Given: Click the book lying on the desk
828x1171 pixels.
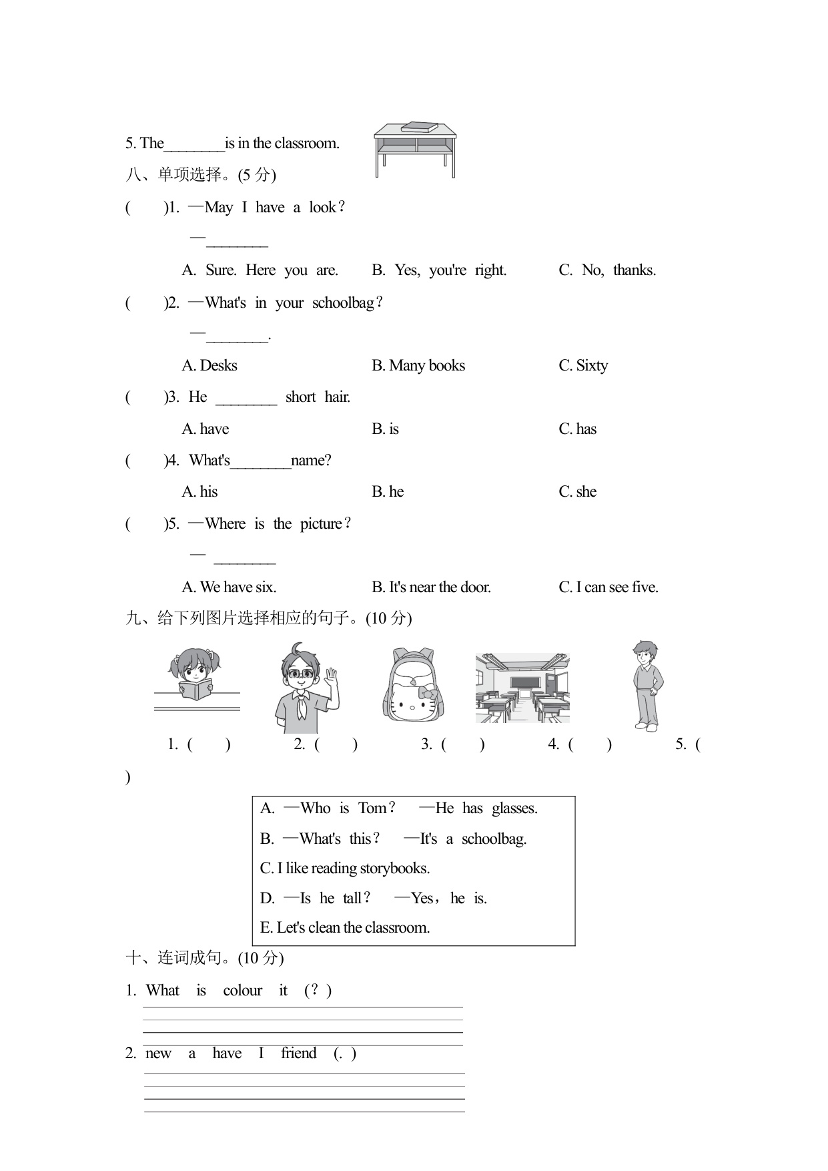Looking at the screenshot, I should pyautogui.click(x=419, y=127).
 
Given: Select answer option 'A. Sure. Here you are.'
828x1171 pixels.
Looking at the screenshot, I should pyautogui.click(x=260, y=270).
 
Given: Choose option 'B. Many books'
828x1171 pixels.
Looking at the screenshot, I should pyautogui.click(x=418, y=366).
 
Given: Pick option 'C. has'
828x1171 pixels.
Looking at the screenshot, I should pyautogui.click(x=578, y=429).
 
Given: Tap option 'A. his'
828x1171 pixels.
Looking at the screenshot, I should pyautogui.click(x=200, y=492).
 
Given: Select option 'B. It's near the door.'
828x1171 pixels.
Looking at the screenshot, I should pyautogui.click(x=431, y=588).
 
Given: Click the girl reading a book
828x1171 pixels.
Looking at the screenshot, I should pyautogui.click(x=195, y=674).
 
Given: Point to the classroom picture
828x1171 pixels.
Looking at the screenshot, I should pyautogui.click(x=522, y=688).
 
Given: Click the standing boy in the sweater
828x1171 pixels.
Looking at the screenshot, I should pyautogui.click(x=646, y=685).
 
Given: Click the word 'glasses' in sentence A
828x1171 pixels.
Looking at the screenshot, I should pyautogui.click(x=514, y=808).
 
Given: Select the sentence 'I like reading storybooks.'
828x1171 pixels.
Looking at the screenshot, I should pyautogui.click(x=345, y=869).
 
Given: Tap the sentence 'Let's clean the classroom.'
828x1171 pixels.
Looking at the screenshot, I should pyautogui.click(x=345, y=928).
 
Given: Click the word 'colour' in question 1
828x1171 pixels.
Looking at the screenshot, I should pyautogui.click(x=242, y=991).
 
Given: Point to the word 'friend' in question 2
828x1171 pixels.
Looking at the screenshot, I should pyautogui.click(x=298, y=1053).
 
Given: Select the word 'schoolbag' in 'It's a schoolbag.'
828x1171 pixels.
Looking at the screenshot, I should pyautogui.click(x=494, y=839).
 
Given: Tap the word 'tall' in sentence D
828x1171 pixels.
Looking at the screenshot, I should pyautogui.click(x=353, y=899).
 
